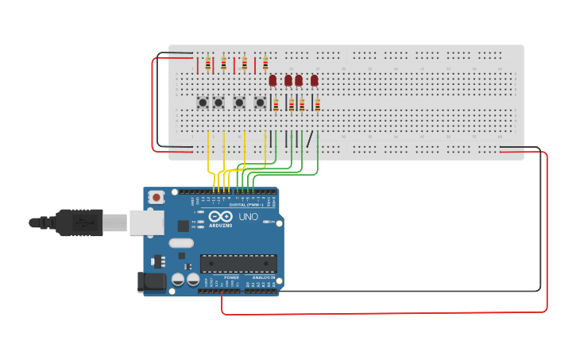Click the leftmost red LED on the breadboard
click(273, 80)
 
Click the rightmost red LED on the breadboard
click(315, 80)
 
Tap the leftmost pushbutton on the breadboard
click(203, 103)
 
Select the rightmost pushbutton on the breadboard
click(260, 103)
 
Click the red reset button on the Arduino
click(157, 197)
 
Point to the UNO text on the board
click(248, 216)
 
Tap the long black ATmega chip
click(238, 263)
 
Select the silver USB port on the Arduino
click(147, 223)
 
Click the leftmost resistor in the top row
click(208, 64)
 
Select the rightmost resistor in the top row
click(265, 64)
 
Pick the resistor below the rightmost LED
click(317, 105)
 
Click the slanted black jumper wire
click(310, 138)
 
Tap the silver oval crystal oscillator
click(181, 243)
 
